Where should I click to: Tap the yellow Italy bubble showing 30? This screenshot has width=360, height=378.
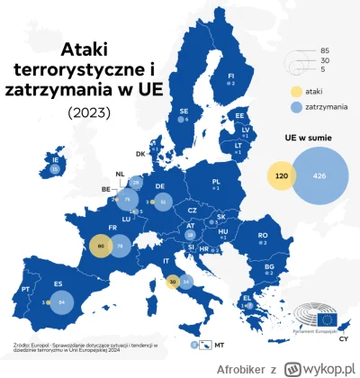click(x=172, y=282)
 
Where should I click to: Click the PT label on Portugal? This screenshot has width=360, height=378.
click(x=25, y=289)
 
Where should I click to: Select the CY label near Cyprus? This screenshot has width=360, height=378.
click(x=343, y=338)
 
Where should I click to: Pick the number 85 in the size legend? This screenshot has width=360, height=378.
click(x=323, y=51)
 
